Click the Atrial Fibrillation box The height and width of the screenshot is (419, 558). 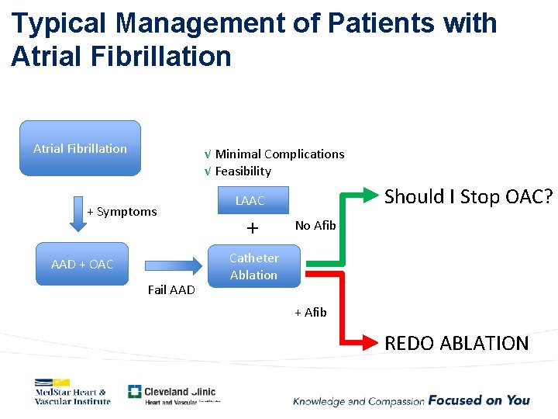tap(80, 147)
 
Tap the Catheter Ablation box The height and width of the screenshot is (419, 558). tap(253, 266)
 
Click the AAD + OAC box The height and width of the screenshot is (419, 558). tap(82, 264)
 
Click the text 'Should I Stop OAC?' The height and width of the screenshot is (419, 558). tap(469, 196)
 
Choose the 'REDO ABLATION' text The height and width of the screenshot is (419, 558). tap(456, 342)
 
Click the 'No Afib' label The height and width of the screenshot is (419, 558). tap(315, 225)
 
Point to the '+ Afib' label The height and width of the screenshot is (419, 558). tap(310, 312)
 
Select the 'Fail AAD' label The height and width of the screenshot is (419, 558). tap(170, 290)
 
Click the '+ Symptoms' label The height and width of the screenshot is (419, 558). tap(122, 211)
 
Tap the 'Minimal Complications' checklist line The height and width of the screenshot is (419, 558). tap(274, 154)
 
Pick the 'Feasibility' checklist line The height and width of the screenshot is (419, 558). tap(238, 171)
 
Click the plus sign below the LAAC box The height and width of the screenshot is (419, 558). tap(251, 228)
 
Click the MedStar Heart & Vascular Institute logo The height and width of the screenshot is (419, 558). tap(72, 391)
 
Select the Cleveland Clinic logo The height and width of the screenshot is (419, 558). tap(173, 394)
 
